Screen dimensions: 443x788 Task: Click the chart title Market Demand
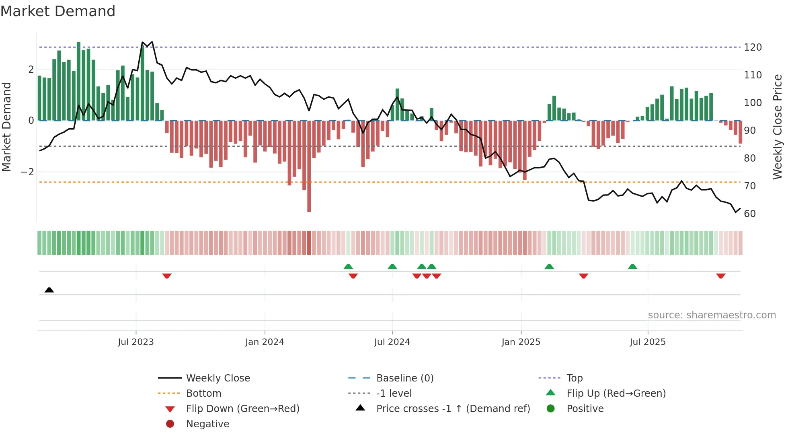point(58,11)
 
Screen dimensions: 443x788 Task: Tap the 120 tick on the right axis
point(753,47)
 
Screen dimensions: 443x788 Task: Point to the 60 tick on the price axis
point(750,214)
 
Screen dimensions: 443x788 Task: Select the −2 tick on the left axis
point(28,172)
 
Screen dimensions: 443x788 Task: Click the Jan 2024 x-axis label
point(265,342)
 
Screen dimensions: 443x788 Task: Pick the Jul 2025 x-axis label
point(647,342)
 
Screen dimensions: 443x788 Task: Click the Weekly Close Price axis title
point(778,127)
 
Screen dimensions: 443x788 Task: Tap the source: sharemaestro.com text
point(712,315)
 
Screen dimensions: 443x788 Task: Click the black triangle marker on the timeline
point(49,290)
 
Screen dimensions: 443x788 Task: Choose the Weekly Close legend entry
point(218,378)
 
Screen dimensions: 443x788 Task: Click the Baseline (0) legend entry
point(404,378)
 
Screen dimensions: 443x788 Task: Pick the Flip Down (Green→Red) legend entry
point(242,409)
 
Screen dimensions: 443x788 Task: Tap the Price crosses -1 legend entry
point(453,409)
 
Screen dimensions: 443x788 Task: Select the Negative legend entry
point(207,424)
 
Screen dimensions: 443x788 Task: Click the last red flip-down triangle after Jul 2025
point(720,276)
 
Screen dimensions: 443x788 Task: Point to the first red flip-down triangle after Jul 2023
point(167,276)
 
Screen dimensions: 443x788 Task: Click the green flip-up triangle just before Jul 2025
point(632,267)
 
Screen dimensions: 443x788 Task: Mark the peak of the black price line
point(143,42)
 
